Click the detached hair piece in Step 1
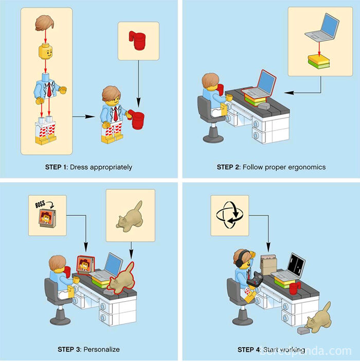click(47, 24)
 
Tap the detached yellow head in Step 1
click(47, 53)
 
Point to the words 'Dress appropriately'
click(101, 167)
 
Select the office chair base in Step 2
click(212, 136)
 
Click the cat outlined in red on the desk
click(121, 279)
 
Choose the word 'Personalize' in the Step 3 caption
click(102, 349)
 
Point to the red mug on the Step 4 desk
click(294, 288)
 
